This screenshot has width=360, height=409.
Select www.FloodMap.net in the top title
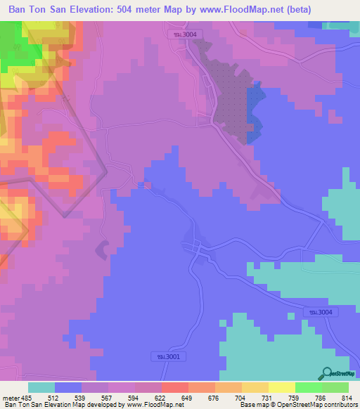[x=243, y=9]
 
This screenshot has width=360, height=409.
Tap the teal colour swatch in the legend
[x=41, y=387]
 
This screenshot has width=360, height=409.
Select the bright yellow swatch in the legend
[x=282, y=387]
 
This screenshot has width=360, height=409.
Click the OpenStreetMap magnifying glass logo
[x=328, y=373]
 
